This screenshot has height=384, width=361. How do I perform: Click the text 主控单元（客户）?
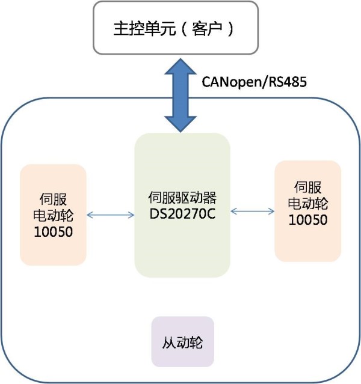[174, 29]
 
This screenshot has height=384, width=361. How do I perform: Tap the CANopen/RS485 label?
[254, 82]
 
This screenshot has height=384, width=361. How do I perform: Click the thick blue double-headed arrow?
[180, 96]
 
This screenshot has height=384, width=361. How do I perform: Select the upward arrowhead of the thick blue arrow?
[180, 66]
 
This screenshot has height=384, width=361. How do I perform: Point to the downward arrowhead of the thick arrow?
[180, 124]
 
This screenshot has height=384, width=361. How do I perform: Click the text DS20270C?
[182, 214]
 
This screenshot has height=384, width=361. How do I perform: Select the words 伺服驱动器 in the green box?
[182, 198]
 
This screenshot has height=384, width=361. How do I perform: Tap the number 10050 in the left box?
[53, 232]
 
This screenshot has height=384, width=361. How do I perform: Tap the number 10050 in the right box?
[308, 219]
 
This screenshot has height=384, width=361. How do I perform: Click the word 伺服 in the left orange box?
[53, 199]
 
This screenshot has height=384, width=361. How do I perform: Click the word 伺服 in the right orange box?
[308, 187]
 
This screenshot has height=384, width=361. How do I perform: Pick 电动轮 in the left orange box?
[53, 216]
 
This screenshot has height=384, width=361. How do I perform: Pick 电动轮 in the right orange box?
[308, 204]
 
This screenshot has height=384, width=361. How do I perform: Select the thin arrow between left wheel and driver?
[111, 215]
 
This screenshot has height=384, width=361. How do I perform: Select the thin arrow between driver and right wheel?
[253, 211]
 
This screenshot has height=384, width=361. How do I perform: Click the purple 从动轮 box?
[183, 341]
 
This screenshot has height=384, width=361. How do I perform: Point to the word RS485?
[288, 82]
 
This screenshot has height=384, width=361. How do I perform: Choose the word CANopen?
[232, 82]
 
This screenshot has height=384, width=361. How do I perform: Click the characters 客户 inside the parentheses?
[206, 29]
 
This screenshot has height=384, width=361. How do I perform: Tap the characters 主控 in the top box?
[129, 29]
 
